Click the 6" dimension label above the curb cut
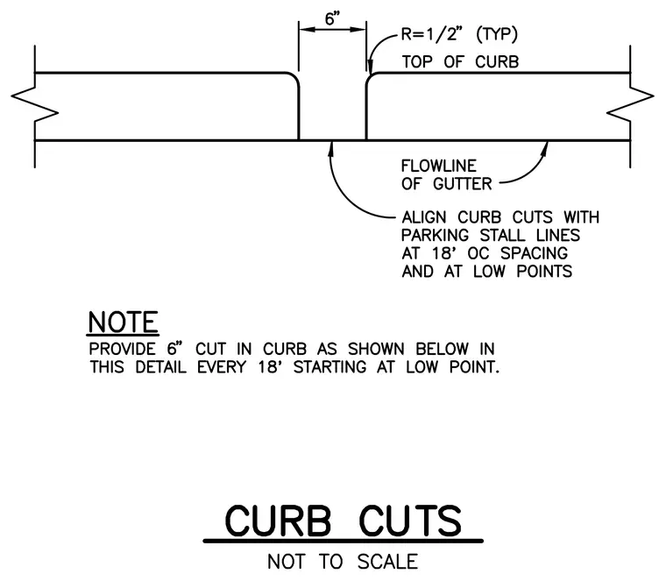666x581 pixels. (x=333, y=18)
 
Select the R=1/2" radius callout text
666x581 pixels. (x=431, y=34)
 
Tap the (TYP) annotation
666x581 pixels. (x=497, y=34)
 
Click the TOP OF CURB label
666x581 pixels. (x=460, y=62)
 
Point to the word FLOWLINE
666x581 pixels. (x=439, y=166)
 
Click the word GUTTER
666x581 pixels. (x=462, y=184)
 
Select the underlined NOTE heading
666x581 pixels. (x=124, y=322)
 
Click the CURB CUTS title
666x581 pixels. (x=344, y=521)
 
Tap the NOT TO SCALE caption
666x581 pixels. (x=343, y=562)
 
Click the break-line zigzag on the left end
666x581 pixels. (x=34, y=105)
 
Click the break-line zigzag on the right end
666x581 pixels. (x=630, y=105)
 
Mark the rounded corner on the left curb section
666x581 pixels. (x=294, y=78)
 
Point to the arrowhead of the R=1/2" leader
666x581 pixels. (x=371, y=68)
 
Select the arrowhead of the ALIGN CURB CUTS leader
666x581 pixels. (x=330, y=149)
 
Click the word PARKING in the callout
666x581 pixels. (x=435, y=235)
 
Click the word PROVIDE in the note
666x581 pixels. (x=123, y=349)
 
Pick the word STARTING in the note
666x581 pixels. (x=330, y=367)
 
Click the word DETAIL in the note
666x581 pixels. (x=161, y=367)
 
